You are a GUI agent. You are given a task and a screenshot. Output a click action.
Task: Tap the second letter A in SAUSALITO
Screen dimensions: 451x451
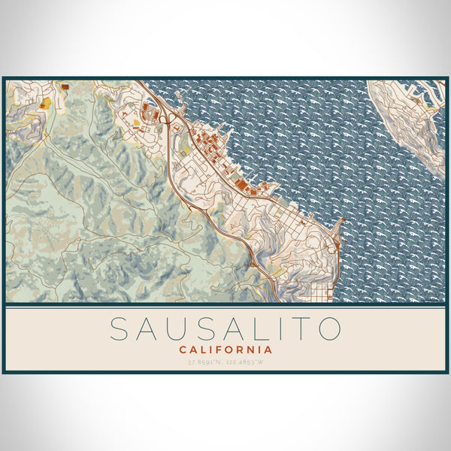pyautogui.click(x=225, y=328)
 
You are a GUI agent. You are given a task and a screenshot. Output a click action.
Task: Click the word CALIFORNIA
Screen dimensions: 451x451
pyautogui.click(x=225, y=350)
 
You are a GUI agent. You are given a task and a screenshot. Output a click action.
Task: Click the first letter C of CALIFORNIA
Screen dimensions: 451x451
pyautogui.click(x=183, y=350)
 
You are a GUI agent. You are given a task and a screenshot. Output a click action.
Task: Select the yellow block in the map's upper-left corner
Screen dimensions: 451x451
pyautogui.click(x=46, y=103)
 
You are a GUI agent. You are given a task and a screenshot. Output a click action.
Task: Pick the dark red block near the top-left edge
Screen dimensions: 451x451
pyautogui.click(x=65, y=87)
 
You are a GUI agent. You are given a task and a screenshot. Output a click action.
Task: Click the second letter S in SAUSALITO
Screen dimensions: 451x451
pyautogui.click(x=200, y=328)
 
